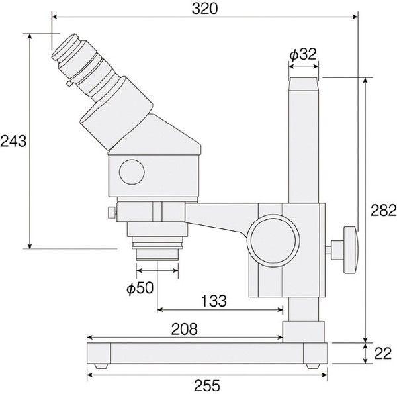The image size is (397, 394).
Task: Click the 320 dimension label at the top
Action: point(204,9)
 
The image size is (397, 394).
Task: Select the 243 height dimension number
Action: point(13,141)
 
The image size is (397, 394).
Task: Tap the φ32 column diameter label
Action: point(303,54)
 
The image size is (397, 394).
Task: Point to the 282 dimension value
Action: point(384,210)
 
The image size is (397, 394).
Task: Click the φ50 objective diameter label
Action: point(140,288)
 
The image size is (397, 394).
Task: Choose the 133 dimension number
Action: point(214,301)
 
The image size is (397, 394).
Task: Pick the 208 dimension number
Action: point(184,329)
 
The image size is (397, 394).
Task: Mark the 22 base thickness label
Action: point(383,354)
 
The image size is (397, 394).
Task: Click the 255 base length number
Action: point(207,385)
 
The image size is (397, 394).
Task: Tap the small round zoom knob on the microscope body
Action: point(132,172)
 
